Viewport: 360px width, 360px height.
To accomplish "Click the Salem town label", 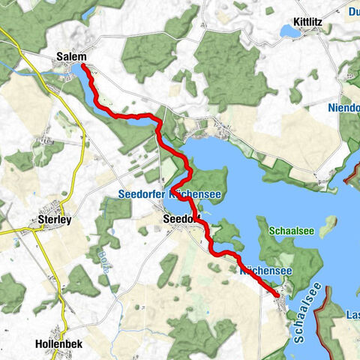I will [x=71, y=57].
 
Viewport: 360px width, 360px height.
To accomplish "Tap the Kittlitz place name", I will [x=308, y=22].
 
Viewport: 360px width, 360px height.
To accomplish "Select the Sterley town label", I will [x=54, y=220].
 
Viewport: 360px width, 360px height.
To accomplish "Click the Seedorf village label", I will [x=181, y=219].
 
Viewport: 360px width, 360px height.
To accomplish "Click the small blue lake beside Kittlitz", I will [x=289, y=31].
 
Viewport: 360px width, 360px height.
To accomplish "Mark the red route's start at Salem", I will [x=82, y=67].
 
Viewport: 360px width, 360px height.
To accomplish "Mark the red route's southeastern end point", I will [x=277, y=295].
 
